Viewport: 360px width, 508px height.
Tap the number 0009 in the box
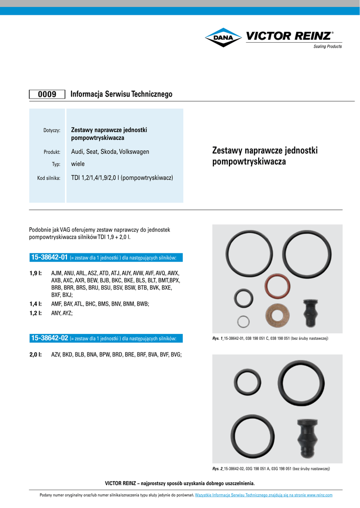(47, 94)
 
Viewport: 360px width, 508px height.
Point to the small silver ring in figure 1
(242, 321)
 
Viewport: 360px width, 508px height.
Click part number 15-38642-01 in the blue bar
(49, 257)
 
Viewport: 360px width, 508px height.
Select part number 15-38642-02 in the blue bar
(49, 338)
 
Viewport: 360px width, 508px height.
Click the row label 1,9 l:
(35, 273)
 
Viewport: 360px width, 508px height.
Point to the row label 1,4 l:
(35, 304)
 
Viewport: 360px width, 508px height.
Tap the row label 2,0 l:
(35, 355)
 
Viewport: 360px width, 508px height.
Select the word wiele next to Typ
(78, 164)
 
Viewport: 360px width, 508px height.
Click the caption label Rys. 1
(217, 338)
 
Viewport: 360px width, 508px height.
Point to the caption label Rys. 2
(217, 469)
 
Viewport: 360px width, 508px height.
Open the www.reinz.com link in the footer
(319, 495)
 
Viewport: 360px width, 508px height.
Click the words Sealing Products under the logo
(327, 47)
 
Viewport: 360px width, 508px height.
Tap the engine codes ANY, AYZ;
(62, 314)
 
